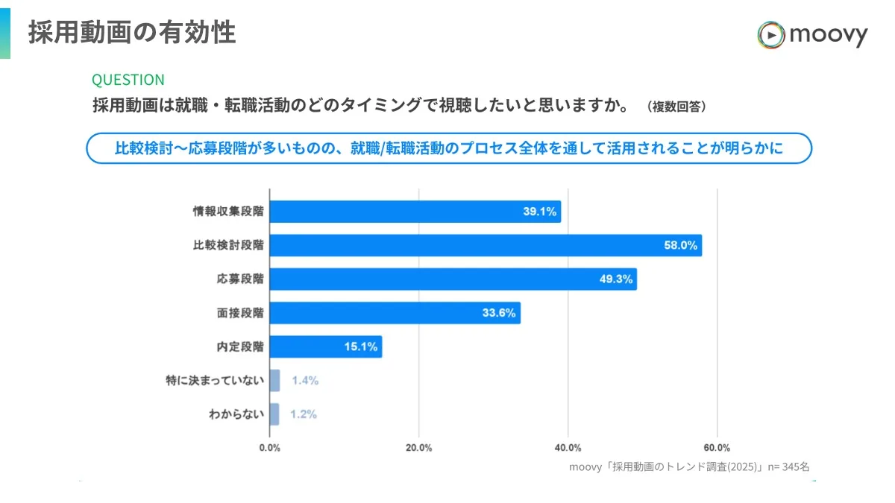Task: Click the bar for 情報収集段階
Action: [x=415, y=212]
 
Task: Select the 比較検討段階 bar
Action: [x=485, y=245]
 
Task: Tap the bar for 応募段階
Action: [x=453, y=279]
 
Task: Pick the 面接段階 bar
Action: [x=395, y=313]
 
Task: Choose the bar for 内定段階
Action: [x=325, y=347]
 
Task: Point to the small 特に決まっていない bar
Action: [x=274, y=381]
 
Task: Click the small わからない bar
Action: [x=274, y=414]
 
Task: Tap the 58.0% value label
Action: [x=680, y=245]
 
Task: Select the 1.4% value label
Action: [x=305, y=381]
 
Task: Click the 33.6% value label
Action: [x=499, y=313]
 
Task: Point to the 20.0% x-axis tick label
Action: [x=418, y=448]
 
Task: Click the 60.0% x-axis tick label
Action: [x=717, y=448]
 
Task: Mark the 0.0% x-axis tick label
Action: [x=269, y=448]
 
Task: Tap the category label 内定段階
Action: [x=240, y=347]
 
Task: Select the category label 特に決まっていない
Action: [x=215, y=381]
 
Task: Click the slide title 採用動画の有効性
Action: [x=132, y=32]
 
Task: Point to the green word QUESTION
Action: [x=128, y=80]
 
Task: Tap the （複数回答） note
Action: [x=676, y=107]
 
